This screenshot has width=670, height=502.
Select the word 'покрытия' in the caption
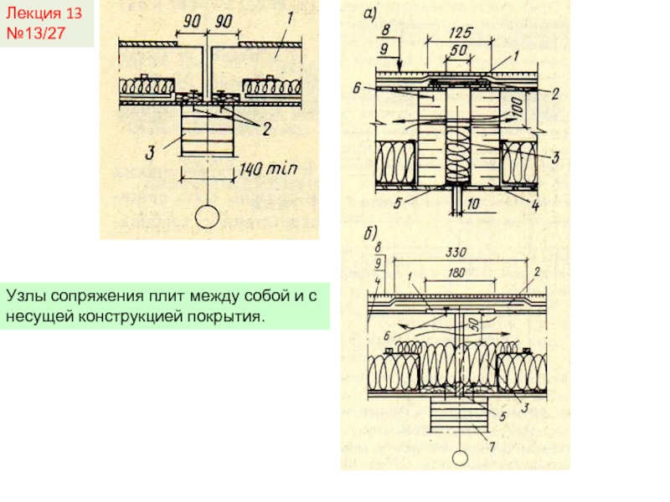(x=229, y=316)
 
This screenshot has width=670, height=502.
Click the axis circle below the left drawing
(x=206, y=218)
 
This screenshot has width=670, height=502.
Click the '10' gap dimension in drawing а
(x=474, y=203)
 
